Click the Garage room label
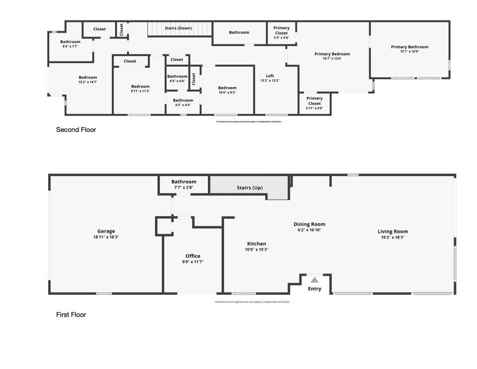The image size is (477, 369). click(x=106, y=231)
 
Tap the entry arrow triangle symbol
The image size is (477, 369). click(x=314, y=280)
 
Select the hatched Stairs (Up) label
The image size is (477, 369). click(x=249, y=188)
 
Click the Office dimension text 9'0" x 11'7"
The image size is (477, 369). click(x=193, y=262)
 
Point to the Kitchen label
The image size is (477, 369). click(x=256, y=244)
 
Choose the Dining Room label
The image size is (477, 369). click(x=309, y=224)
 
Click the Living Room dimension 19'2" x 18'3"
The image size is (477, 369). click(x=392, y=237)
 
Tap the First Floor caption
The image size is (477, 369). click(x=71, y=315)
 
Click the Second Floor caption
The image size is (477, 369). click(x=76, y=130)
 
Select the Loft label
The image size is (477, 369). click(x=270, y=76)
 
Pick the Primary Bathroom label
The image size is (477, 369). click(x=409, y=47)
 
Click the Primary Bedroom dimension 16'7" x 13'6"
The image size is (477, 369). click(x=332, y=59)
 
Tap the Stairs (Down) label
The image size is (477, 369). click(x=178, y=28)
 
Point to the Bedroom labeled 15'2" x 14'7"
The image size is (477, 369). click(x=88, y=79)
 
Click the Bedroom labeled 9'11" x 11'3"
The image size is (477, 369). click(x=140, y=89)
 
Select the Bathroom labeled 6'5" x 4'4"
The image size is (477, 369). click(x=183, y=102)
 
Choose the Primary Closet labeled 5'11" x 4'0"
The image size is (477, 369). click(x=314, y=101)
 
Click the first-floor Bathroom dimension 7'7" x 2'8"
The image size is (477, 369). click(x=184, y=188)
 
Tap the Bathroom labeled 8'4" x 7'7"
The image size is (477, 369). click(x=70, y=44)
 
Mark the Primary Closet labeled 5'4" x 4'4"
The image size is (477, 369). click(x=281, y=33)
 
